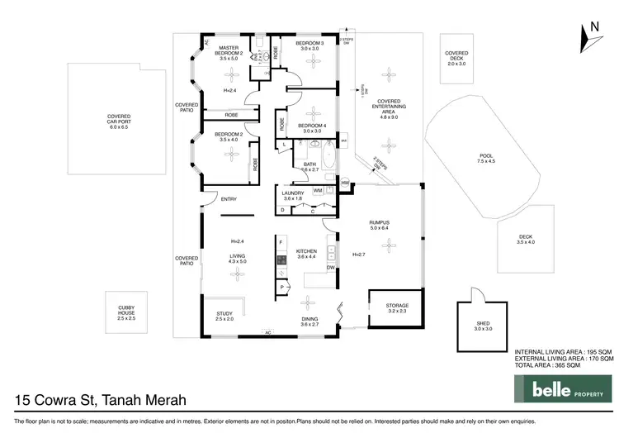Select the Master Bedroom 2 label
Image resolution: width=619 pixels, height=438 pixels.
coord(229,53)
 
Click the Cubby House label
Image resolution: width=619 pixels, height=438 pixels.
coord(125,314)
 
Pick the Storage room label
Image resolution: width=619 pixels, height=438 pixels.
coord(397,307)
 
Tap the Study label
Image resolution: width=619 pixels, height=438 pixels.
coord(224,316)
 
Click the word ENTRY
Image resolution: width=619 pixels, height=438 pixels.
coord(229,198)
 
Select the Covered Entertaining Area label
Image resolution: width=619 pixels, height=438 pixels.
coord(388,109)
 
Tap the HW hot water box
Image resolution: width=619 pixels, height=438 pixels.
coord(347,183)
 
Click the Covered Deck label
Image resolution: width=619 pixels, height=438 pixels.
coord(456,58)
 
